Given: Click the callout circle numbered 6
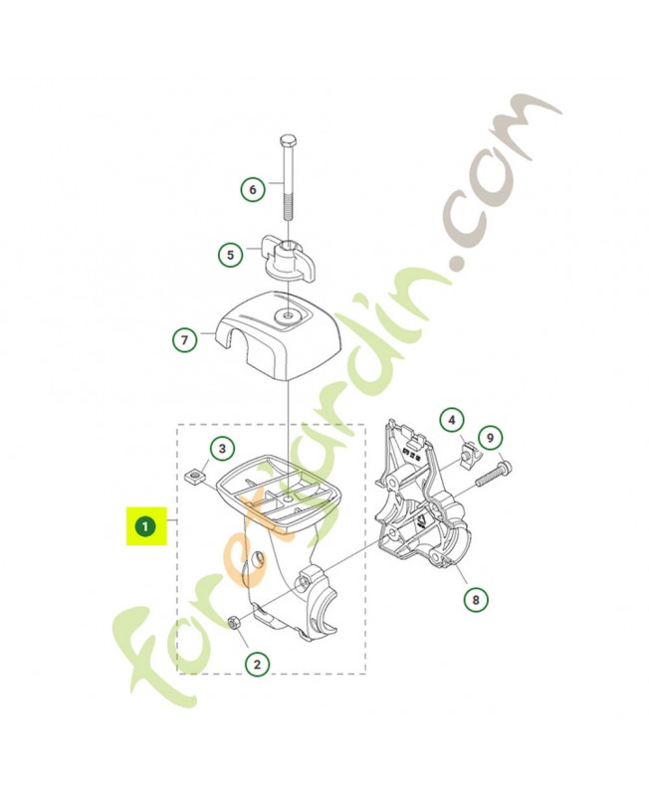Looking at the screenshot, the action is pyautogui.click(x=253, y=190).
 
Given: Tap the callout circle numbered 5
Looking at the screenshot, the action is pyautogui.click(x=231, y=255).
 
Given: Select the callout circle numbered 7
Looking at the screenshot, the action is pyautogui.click(x=184, y=339).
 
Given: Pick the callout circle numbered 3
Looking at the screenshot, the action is pyautogui.click(x=222, y=449).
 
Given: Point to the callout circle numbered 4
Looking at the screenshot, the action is pyautogui.click(x=452, y=420).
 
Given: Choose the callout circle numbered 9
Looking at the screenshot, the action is pyautogui.click(x=490, y=438).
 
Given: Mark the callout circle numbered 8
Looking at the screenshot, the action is pyautogui.click(x=476, y=600).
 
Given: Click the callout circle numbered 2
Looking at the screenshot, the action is pyautogui.click(x=257, y=664).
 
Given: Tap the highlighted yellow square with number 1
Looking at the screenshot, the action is pyautogui.click(x=146, y=526).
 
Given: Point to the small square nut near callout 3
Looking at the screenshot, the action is pyautogui.click(x=192, y=477).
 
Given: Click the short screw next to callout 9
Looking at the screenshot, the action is pyautogui.click(x=494, y=472).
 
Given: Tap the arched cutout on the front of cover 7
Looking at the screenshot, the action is pyautogui.click(x=232, y=341).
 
